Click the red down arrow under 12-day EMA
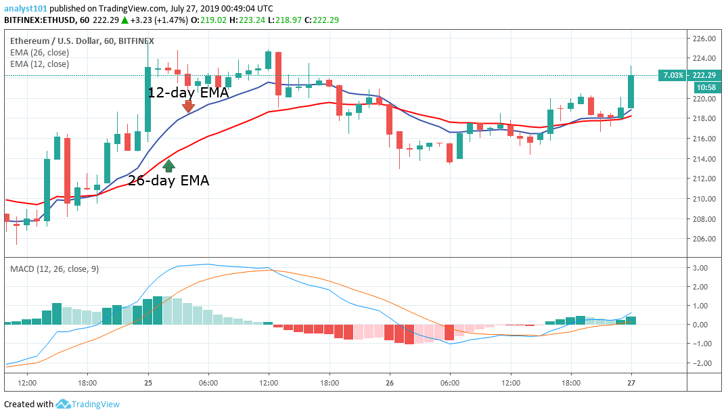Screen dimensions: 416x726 (x=188, y=106)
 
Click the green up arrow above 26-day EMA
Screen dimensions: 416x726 (x=169, y=164)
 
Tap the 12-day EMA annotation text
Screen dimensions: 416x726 (x=188, y=93)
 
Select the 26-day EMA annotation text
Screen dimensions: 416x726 (x=168, y=181)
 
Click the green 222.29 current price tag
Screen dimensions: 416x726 (x=704, y=75)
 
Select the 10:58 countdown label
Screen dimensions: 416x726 (x=704, y=87)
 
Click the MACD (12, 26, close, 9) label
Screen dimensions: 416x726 (x=54, y=269)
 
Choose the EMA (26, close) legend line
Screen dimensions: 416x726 (x=39, y=52)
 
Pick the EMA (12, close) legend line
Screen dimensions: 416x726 (x=39, y=64)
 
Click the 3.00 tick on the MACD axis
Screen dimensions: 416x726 (x=700, y=268)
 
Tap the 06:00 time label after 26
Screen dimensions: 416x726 (x=450, y=382)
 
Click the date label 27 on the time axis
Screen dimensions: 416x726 (x=631, y=382)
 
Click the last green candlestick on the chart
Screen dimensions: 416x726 (x=631, y=91)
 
